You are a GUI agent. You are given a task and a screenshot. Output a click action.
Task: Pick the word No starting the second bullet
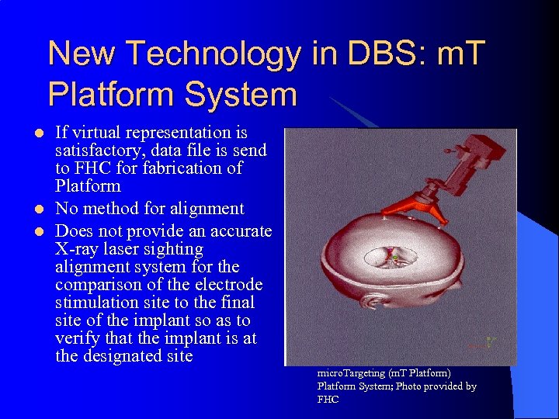(x=67, y=209)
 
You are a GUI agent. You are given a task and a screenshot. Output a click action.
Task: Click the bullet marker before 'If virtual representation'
(x=30, y=133)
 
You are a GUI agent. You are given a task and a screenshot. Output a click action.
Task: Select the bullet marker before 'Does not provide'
(x=30, y=231)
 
